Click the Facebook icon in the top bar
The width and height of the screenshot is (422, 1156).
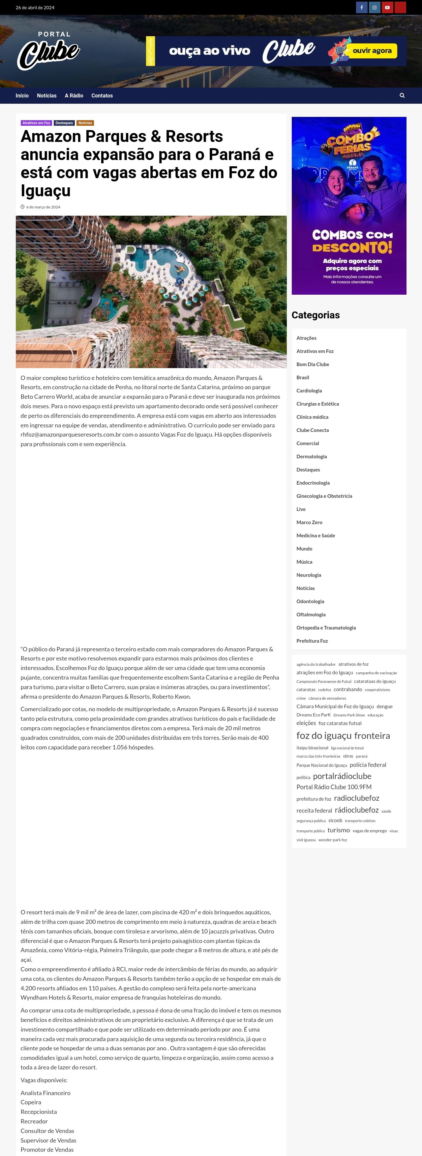361,8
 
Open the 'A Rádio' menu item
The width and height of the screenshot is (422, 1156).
74,95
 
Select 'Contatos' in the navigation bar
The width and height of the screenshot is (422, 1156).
102,95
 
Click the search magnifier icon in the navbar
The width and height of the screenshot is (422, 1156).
402,95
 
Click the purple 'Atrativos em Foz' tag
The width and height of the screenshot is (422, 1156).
36,123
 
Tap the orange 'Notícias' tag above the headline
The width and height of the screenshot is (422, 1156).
85,123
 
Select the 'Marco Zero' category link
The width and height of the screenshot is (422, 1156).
309,522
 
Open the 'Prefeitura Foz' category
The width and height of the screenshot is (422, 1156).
312,641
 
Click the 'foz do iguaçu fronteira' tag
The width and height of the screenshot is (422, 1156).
343,736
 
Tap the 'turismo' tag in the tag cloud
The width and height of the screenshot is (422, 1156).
338,830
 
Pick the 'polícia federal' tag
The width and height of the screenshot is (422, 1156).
368,765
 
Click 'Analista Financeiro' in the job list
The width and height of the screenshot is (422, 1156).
45,1093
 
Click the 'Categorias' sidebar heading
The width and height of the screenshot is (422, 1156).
316,315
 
